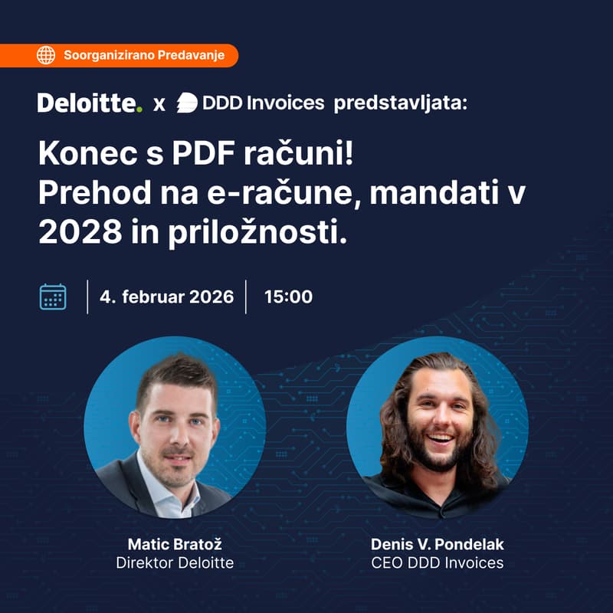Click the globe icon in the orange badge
coord(46,55)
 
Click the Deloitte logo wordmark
coord(87,103)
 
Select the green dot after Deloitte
coord(139,110)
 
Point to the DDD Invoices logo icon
coord(188,103)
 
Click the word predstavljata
coord(399,103)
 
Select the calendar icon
coord(53,297)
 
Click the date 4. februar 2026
coord(167,297)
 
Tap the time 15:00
coord(288,297)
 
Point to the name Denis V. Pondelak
coord(437,545)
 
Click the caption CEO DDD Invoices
coord(437,563)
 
